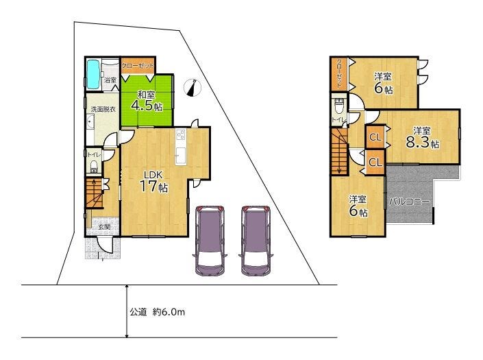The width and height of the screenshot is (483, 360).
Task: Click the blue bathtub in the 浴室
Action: (x=93, y=74)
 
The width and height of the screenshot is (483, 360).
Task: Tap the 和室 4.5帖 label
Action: (x=147, y=101)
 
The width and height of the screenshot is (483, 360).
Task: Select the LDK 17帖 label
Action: (x=153, y=182)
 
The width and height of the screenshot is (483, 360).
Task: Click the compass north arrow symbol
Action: (x=193, y=88)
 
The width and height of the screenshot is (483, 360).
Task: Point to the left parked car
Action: (x=210, y=241)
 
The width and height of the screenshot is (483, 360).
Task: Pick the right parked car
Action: (x=256, y=241)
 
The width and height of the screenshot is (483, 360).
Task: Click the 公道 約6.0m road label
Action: (x=157, y=312)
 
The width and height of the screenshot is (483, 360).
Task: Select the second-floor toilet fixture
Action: (x=339, y=106)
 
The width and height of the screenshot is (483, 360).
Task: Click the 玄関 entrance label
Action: (x=105, y=227)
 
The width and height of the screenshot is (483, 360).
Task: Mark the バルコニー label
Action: (x=409, y=202)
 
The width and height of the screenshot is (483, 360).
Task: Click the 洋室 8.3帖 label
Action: (x=422, y=137)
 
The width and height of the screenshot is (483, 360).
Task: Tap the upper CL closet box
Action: (x=375, y=137)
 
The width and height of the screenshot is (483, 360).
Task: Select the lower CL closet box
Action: (x=375, y=162)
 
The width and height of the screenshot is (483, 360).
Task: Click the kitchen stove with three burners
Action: (x=181, y=134)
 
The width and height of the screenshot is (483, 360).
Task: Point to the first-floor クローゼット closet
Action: (x=137, y=65)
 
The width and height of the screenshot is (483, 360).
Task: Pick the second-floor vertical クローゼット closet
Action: (x=339, y=73)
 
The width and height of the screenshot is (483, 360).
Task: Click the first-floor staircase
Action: (x=94, y=193)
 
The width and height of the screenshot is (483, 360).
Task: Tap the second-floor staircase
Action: (x=339, y=151)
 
